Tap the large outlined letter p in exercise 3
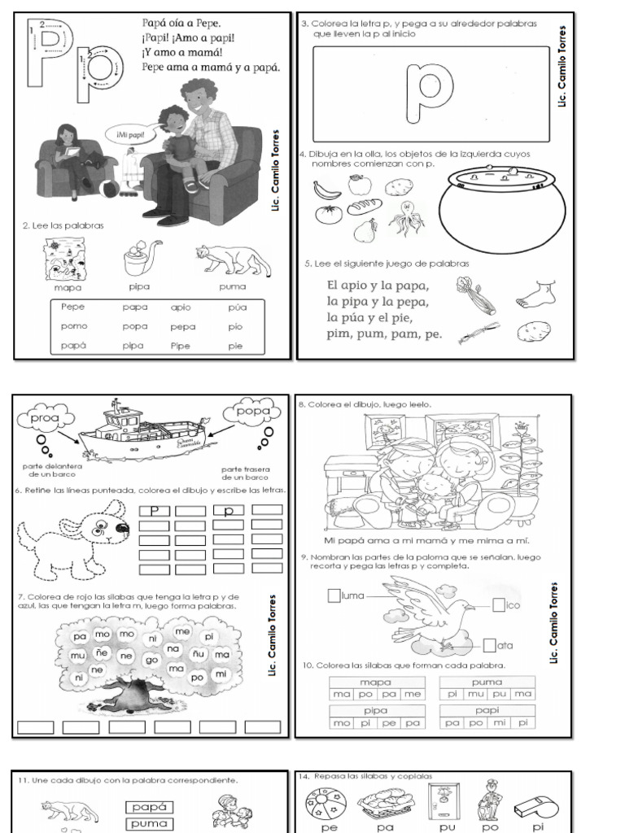pyautogui.click(x=431, y=91)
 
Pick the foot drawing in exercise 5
pyautogui.click(x=535, y=293)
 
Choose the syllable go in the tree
pyautogui.click(x=151, y=660)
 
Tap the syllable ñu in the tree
pyautogui.click(x=198, y=653)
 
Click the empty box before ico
pyautogui.click(x=499, y=604)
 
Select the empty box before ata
pyautogui.click(x=488, y=646)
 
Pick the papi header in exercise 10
pyautogui.click(x=487, y=709)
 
